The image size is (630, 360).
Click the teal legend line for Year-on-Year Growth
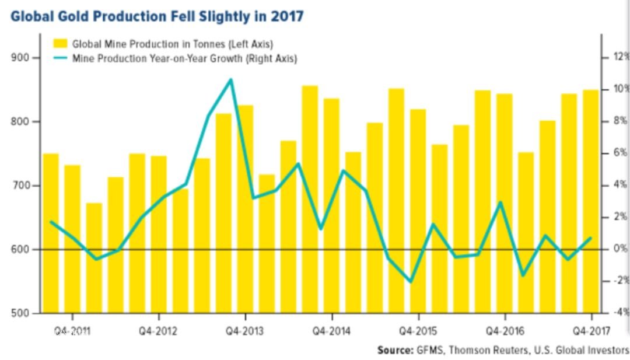click(x=60, y=58)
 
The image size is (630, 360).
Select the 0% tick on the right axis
click(x=619, y=249)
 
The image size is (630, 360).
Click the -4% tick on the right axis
click(x=619, y=312)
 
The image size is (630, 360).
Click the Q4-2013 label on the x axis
click(x=244, y=331)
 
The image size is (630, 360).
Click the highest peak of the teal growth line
click(x=231, y=79)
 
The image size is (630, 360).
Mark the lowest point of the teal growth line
click(x=411, y=282)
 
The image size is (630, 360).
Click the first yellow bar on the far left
click(x=51, y=233)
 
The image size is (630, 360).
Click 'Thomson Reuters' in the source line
click(x=473, y=350)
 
